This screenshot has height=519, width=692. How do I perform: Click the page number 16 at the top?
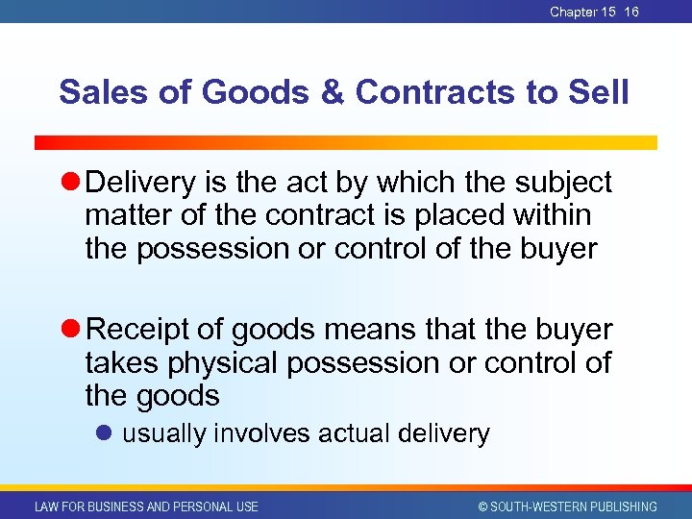tap(631, 12)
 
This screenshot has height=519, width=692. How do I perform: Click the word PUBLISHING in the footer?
tap(619, 507)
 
